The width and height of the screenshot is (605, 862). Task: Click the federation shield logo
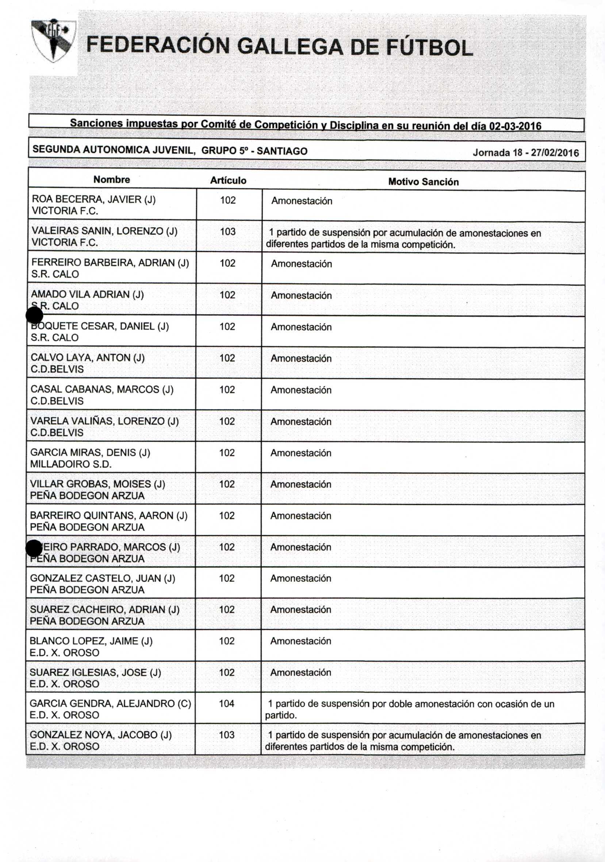54,41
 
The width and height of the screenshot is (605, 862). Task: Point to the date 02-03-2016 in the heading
515,126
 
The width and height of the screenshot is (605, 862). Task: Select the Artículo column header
228,181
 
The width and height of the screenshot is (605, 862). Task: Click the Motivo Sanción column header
423,182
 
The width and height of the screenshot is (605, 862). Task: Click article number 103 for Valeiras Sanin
227,231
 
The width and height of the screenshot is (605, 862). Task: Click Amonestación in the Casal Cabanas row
301,390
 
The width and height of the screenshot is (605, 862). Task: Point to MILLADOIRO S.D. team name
71,464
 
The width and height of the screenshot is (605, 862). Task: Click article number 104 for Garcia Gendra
227,704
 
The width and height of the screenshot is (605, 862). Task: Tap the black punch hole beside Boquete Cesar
34,315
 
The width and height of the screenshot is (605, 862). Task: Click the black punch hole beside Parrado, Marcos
34,548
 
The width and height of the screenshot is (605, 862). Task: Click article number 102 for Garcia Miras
227,453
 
